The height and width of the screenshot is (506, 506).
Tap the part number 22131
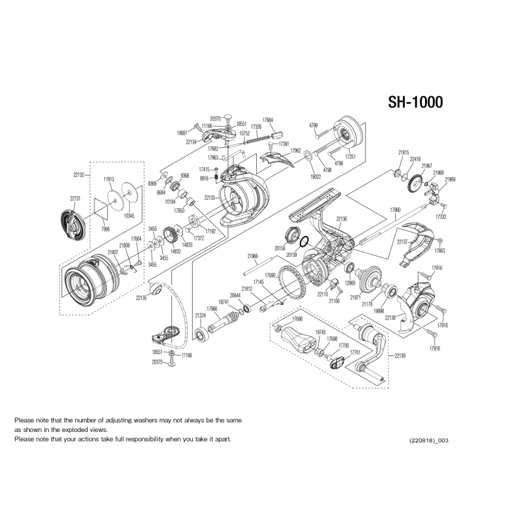click(x=75, y=199)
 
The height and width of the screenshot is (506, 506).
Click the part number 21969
click(x=450, y=180)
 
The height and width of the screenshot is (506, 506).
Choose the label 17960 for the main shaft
click(x=396, y=210)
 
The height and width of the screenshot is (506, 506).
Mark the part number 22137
click(x=402, y=242)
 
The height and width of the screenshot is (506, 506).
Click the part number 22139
click(x=400, y=356)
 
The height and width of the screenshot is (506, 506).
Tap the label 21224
click(x=201, y=314)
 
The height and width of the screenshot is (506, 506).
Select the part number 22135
click(x=141, y=297)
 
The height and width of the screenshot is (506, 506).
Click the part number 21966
click(x=252, y=256)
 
